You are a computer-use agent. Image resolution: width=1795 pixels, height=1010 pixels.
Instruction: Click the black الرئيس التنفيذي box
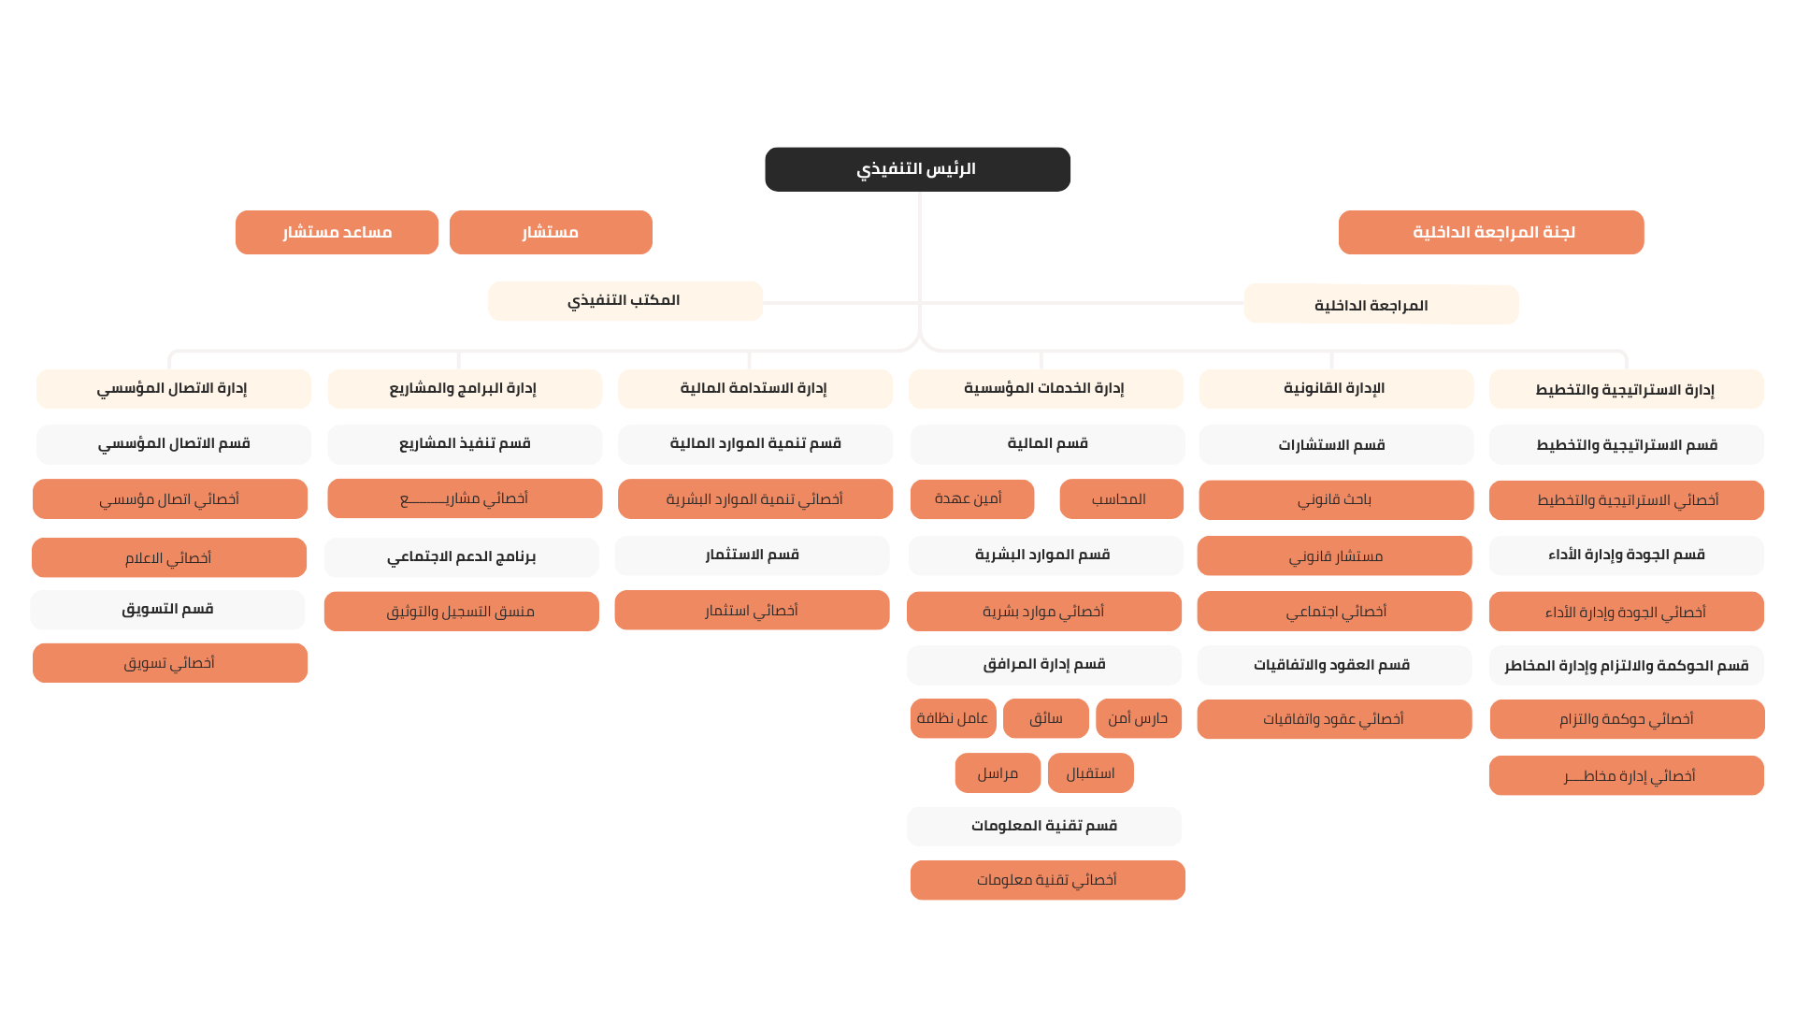coord(917,169)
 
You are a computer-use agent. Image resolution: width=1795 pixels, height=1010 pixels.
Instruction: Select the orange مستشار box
coord(551,232)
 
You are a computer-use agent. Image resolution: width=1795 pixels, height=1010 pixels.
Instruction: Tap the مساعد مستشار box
coord(337,232)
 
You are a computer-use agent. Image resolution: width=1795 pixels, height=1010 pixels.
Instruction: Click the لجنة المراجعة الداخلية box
coord(1491,232)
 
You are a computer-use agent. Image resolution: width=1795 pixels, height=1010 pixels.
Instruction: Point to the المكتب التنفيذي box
coord(625,301)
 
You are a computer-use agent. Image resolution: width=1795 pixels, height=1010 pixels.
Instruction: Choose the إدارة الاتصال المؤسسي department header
coord(174,389)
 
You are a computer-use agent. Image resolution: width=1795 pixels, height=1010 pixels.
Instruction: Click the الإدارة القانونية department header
coord(1336,389)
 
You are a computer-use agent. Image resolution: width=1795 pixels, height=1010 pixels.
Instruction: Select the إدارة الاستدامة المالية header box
coord(755,389)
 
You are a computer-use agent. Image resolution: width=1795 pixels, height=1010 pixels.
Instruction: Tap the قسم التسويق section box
coord(167,610)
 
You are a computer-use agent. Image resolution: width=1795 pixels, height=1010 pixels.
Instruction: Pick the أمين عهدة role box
coord(972,499)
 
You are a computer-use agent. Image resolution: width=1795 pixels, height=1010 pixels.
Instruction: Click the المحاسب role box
coord(1122,499)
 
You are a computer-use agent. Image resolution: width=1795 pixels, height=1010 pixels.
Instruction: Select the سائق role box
coord(1046,718)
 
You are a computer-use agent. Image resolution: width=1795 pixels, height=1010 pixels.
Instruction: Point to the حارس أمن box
coord(1139,718)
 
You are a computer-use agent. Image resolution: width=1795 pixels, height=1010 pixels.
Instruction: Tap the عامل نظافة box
coord(954,718)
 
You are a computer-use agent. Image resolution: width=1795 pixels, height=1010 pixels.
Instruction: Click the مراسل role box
coord(998,773)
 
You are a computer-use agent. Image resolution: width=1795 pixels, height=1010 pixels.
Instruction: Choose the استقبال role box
coord(1091,773)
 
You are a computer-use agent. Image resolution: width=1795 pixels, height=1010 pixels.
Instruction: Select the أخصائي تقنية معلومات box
coord(1048,880)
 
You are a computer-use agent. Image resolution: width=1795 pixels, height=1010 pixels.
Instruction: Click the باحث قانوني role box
coord(1336,500)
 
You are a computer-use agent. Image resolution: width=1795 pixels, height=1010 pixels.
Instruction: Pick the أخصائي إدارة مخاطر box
coord(1627,775)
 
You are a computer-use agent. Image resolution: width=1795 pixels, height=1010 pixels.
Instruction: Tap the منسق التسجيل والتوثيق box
coord(462,612)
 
